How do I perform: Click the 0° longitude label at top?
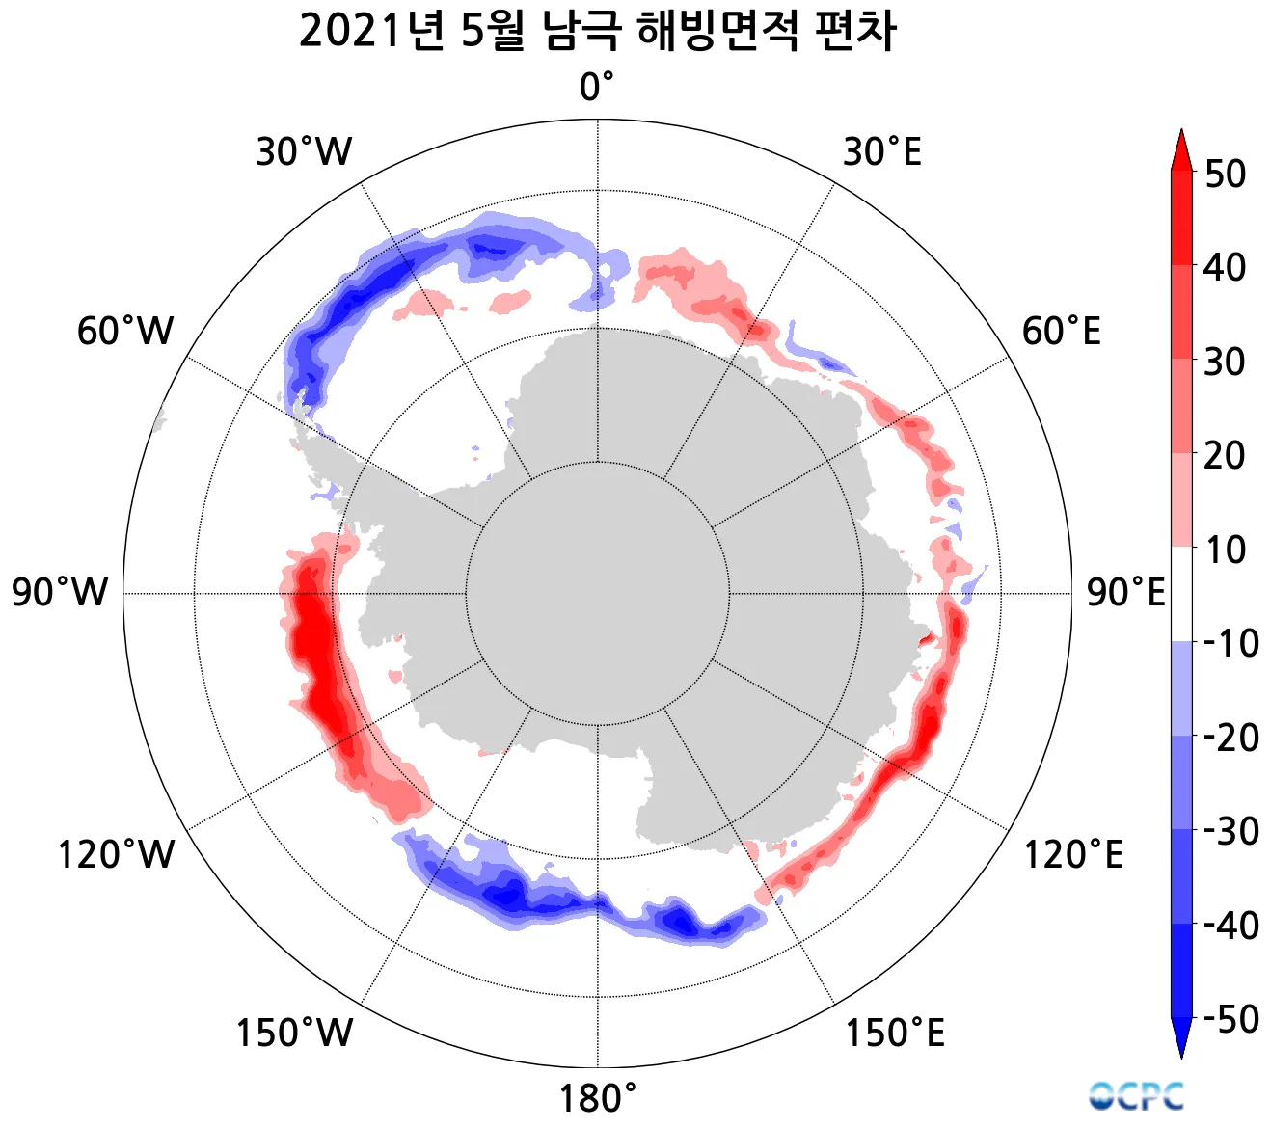point(596,88)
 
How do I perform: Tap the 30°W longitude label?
point(304,152)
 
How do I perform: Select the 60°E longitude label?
point(1061,332)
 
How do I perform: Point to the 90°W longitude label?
point(60,592)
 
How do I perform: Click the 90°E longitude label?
point(1125,592)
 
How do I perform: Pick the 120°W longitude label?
point(117,855)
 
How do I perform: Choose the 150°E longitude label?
point(895,1033)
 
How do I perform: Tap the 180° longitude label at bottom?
point(598,1098)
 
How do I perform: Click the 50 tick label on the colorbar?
point(1225,175)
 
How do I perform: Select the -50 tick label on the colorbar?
point(1230,1018)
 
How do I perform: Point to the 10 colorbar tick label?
point(1225,551)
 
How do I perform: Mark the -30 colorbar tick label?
point(1230,830)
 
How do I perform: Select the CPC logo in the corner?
point(1137,1095)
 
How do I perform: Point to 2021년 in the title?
point(371,32)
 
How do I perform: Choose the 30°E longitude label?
point(881,152)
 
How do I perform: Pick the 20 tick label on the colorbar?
point(1225,456)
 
